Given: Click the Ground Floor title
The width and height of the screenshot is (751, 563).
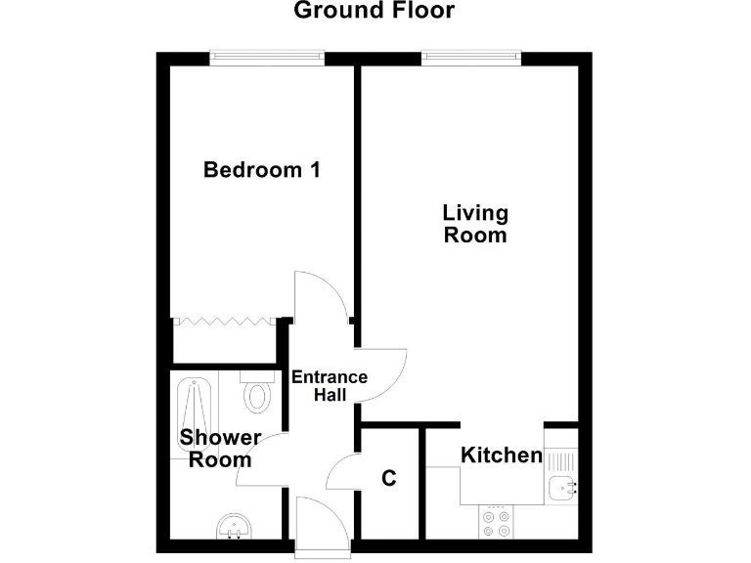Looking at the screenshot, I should pos(374,12).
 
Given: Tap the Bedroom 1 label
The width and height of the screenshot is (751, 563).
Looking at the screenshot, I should pos(261,170).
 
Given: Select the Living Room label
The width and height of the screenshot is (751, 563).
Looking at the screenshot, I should pos(475,224).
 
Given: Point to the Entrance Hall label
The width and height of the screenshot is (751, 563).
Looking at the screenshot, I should pos(330,386).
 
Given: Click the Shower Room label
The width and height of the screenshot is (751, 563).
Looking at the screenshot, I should pos(220,449).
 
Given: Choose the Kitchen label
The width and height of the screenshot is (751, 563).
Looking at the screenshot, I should pos(501,455).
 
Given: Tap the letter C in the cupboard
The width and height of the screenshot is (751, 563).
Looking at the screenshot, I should pos(389,479).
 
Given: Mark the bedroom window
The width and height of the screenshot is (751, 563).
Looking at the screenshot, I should pos(267,59).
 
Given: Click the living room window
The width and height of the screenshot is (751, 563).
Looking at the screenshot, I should pos(471,59).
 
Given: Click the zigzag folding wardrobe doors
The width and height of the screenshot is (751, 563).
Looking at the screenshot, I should pos(225,320).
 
